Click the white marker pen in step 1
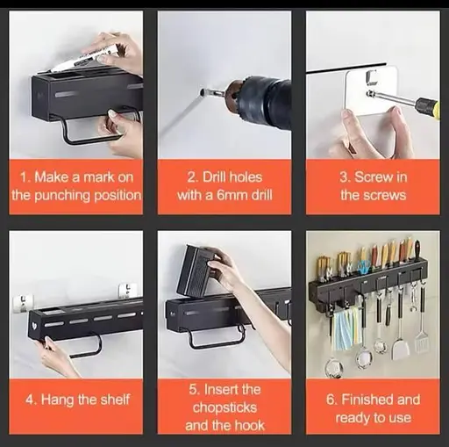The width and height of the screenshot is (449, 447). (84, 58)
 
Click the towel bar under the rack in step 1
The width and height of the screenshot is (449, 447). (88, 133)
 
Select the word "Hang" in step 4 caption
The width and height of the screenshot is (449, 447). (57, 400)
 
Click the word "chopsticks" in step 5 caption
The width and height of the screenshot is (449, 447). (224, 407)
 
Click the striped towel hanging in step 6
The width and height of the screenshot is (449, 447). (346, 330)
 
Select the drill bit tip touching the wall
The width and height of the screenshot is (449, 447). (202, 93)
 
